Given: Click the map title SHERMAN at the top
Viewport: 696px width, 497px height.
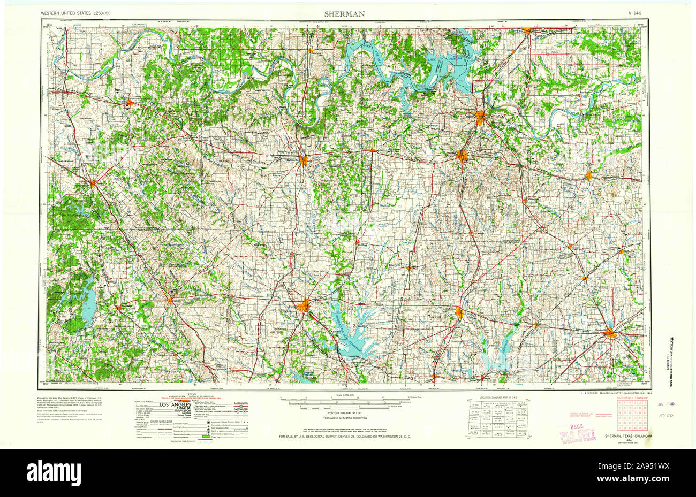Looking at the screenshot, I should point(345,13).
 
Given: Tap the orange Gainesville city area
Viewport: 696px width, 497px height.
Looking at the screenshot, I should point(304,159).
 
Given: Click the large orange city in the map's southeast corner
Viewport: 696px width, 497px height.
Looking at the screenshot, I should point(611,334).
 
